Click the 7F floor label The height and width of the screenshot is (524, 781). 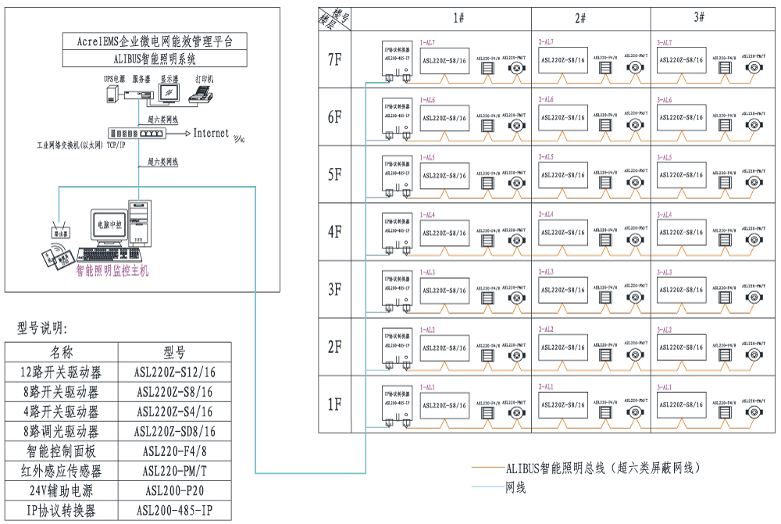point(334,60)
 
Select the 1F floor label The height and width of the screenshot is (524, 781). point(334,404)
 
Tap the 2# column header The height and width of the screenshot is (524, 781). point(580,17)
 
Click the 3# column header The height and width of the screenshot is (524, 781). point(698,17)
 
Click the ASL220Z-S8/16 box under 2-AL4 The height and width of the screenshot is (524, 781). point(563,232)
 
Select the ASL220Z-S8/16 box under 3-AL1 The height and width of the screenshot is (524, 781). point(683,405)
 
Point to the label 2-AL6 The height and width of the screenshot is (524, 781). point(546,100)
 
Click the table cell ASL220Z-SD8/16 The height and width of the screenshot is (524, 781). point(175,431)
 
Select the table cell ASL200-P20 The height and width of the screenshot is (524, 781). point(175,491)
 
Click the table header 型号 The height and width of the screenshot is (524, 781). point(175,351)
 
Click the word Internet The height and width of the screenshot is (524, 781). point(211,134)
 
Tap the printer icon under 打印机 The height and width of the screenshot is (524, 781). point(204,94)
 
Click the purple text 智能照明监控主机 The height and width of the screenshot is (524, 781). point(112,271)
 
